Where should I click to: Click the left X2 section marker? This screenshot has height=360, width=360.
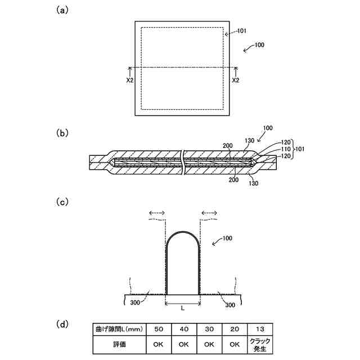pyautogui.click(x=130, y=80)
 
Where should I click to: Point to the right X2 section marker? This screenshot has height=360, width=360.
pyautogui.click(x=236, y=80)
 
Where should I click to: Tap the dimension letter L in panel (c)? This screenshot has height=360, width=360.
pyautogui.click(x=183, y=309)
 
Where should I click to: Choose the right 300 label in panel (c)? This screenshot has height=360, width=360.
pyautogui.click(x=229, y=304)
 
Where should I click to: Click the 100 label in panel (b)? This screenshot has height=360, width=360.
pyautogui.click(x=268, y=128)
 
